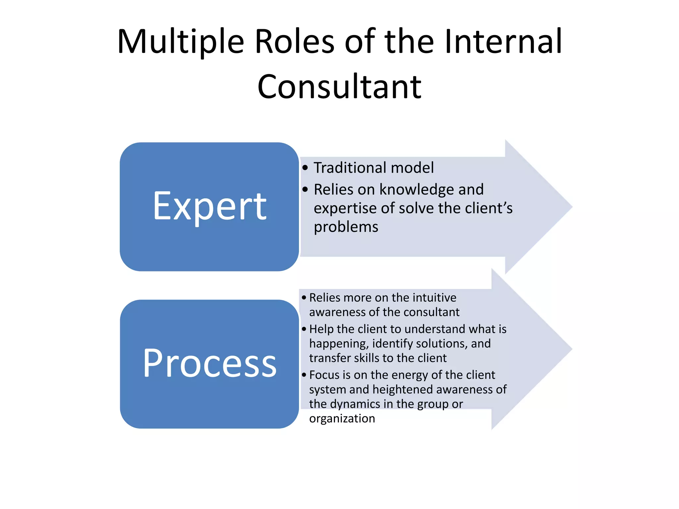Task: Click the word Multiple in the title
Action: click(x=181, y=42)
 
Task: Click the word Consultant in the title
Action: click(x=339, y=87)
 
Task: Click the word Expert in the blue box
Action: click(x=210, y=206)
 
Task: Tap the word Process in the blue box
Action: click(x=210, y=364)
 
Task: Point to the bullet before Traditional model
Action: click(x=305, y=167)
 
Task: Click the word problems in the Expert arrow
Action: click(x=346, y=227)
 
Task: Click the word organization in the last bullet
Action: click(x=342, y=419)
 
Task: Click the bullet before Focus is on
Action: click(x=304, y=375)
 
